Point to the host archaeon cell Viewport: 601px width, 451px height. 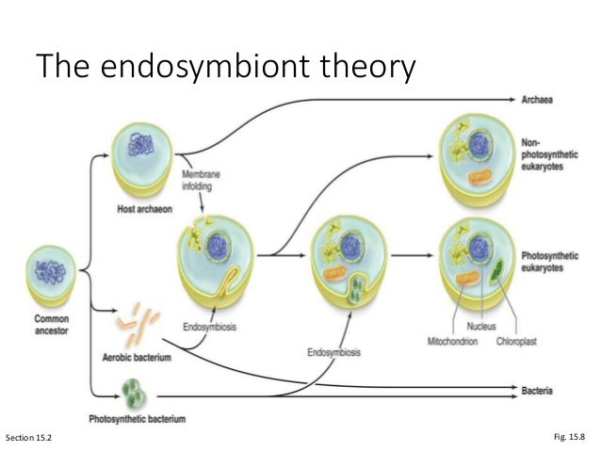click(141, 160)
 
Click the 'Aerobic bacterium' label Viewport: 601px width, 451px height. click(138, 358)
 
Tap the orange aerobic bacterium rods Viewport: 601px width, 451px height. click(137, 323)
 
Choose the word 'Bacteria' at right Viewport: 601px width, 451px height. click(541, 388)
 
